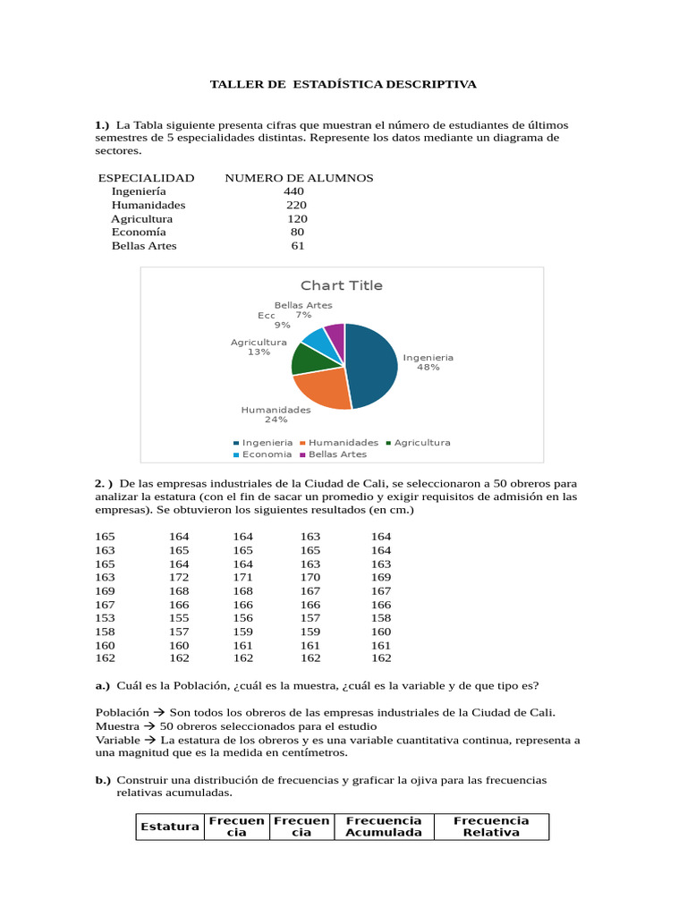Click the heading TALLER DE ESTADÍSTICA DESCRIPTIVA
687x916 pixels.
click(343, 84)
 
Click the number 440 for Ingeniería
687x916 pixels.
click(293, 191)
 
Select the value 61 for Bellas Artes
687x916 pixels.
click(298, 246)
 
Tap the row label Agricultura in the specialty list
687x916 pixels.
click(141, 219)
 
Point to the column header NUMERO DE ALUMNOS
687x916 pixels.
click(299, 178)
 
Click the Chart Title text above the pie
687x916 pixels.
click(341, 285)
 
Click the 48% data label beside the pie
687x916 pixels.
click(428, 368)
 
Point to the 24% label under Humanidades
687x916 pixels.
click(276, 420)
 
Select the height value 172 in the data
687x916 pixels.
click(179, 578)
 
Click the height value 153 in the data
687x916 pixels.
click(105, 618)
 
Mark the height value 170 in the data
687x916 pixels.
click(310, 578)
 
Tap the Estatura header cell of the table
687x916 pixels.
click(169, 827)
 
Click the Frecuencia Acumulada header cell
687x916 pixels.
click(383, 827)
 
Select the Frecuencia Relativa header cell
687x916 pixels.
click(491, 827)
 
